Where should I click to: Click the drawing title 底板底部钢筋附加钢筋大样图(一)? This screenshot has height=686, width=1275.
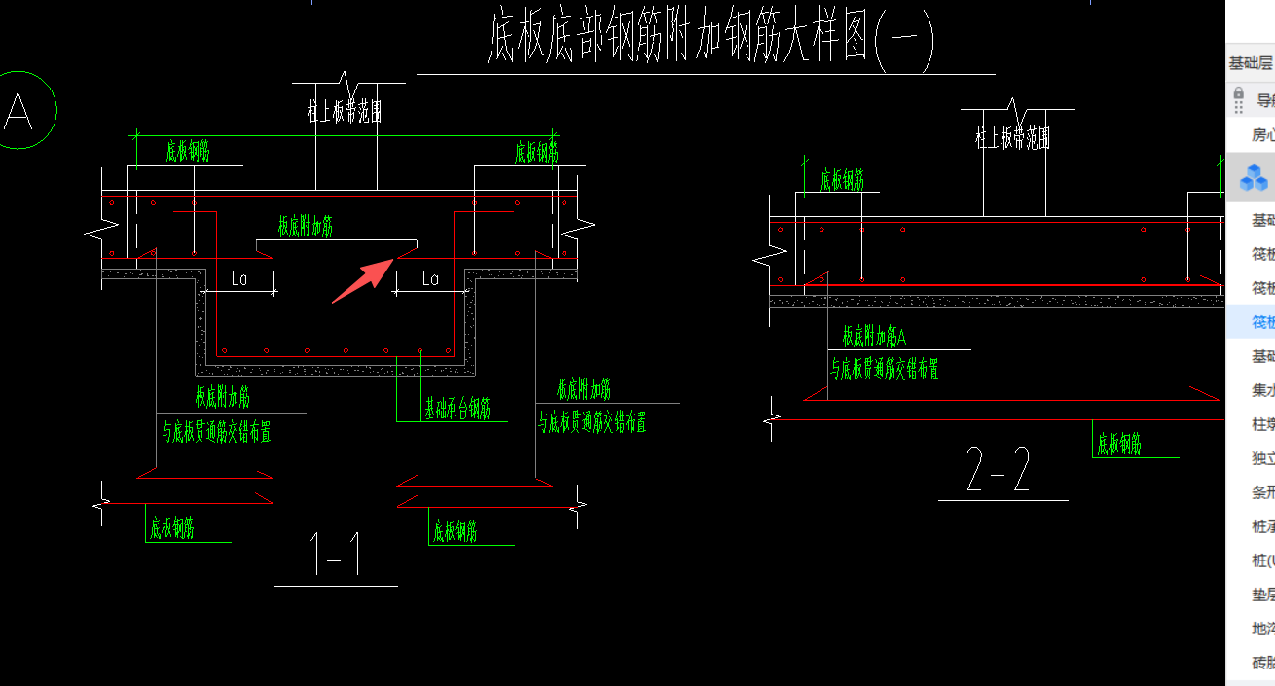[710, 40]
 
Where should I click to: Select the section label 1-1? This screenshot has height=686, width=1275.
[336, 556]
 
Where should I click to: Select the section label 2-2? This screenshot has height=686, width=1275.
[999, 471]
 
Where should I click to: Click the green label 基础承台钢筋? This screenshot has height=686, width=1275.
[456, 409]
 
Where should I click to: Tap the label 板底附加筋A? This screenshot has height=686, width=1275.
[874, 338]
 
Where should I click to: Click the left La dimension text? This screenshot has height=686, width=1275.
[239, 279]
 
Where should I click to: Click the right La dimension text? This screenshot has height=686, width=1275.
[430, 279]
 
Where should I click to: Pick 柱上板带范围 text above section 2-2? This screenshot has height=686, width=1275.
[1013, 137]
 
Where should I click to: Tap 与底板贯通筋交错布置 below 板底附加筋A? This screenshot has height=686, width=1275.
[884, 369]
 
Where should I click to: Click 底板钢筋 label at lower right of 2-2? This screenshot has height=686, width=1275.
[1119, 445]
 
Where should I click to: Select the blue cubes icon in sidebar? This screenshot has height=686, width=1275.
[1254, 178]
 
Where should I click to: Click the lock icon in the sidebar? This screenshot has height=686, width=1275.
[1239, 98]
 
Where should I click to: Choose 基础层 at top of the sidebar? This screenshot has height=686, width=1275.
[1250, 63]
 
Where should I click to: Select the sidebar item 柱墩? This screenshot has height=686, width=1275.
[1262, 424]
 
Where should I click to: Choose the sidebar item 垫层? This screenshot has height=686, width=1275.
[1262, 595]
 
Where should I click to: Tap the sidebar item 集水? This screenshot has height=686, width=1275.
[1262, 390]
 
